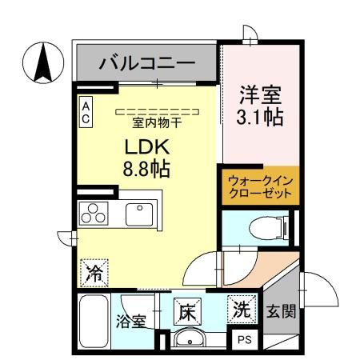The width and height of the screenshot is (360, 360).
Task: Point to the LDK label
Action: pyautogui.click(x=145, y=148)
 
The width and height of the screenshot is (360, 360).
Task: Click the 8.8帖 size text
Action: pyautogui.click(x=145, y=170)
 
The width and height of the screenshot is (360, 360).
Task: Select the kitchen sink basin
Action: pyautogui.click(x=138, y=214)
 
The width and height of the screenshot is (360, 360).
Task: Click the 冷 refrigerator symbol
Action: pyautogui.click(x=94, y=272)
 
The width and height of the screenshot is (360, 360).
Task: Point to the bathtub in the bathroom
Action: pyautogui.click(x=95, y=320)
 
